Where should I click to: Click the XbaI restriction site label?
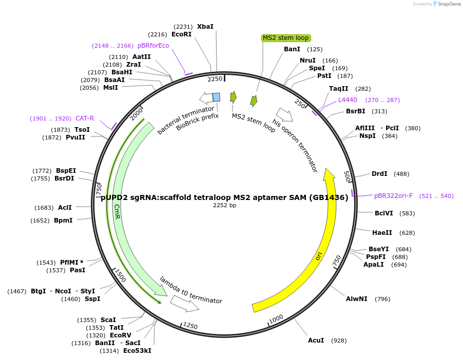point(205,27)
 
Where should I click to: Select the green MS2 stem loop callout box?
point(286,38)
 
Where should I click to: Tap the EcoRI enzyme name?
point(182,34)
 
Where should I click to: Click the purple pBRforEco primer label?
point(153,46)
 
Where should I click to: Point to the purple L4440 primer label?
point(348,99)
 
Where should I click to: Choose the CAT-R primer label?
point(85,118)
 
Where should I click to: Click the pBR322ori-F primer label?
point(393,196)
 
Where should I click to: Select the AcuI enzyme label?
point(316,341)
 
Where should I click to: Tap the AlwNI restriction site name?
point(357,299)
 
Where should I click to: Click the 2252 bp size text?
point(224,205)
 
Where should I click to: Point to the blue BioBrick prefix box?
point(217,97)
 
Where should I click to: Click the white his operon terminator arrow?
point(284,114)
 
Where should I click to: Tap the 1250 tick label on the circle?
point(190,326)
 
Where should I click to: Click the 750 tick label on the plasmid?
point(337,261)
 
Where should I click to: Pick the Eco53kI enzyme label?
point(137,351)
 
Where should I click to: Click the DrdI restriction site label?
point(379,173)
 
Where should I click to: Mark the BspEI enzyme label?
point(66,171)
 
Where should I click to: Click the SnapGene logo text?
point(449,4)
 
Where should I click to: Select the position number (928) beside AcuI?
point(339,341)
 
